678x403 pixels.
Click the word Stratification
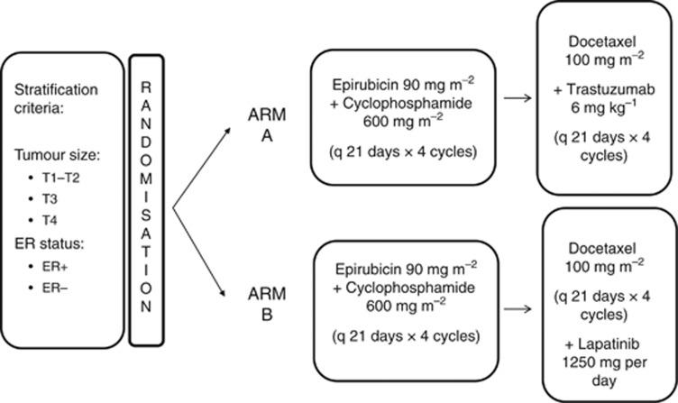[60, 91]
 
